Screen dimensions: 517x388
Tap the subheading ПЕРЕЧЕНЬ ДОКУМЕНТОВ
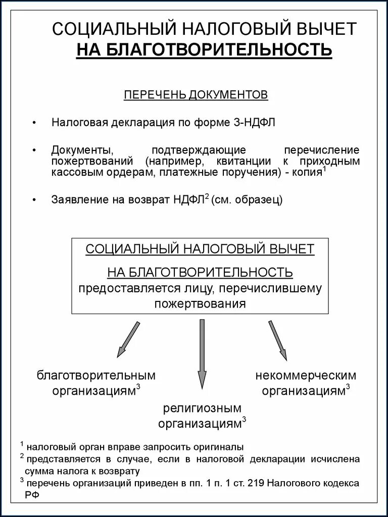point(196,95)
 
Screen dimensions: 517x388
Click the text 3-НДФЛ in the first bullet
point(255,122)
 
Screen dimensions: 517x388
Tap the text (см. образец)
point(247,199)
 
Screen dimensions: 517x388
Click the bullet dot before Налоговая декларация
point(34,123)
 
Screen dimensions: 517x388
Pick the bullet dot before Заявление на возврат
point(34,200)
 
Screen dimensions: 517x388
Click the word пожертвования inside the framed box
point(200,304)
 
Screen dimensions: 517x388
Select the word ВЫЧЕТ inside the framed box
point(291,249)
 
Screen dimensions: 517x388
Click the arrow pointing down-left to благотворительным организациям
point(128,339)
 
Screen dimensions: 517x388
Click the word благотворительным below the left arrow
point(96,376)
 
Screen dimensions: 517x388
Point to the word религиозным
point(202,408)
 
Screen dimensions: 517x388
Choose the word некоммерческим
point(306,376)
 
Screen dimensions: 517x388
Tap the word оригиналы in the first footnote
point(220,447)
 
